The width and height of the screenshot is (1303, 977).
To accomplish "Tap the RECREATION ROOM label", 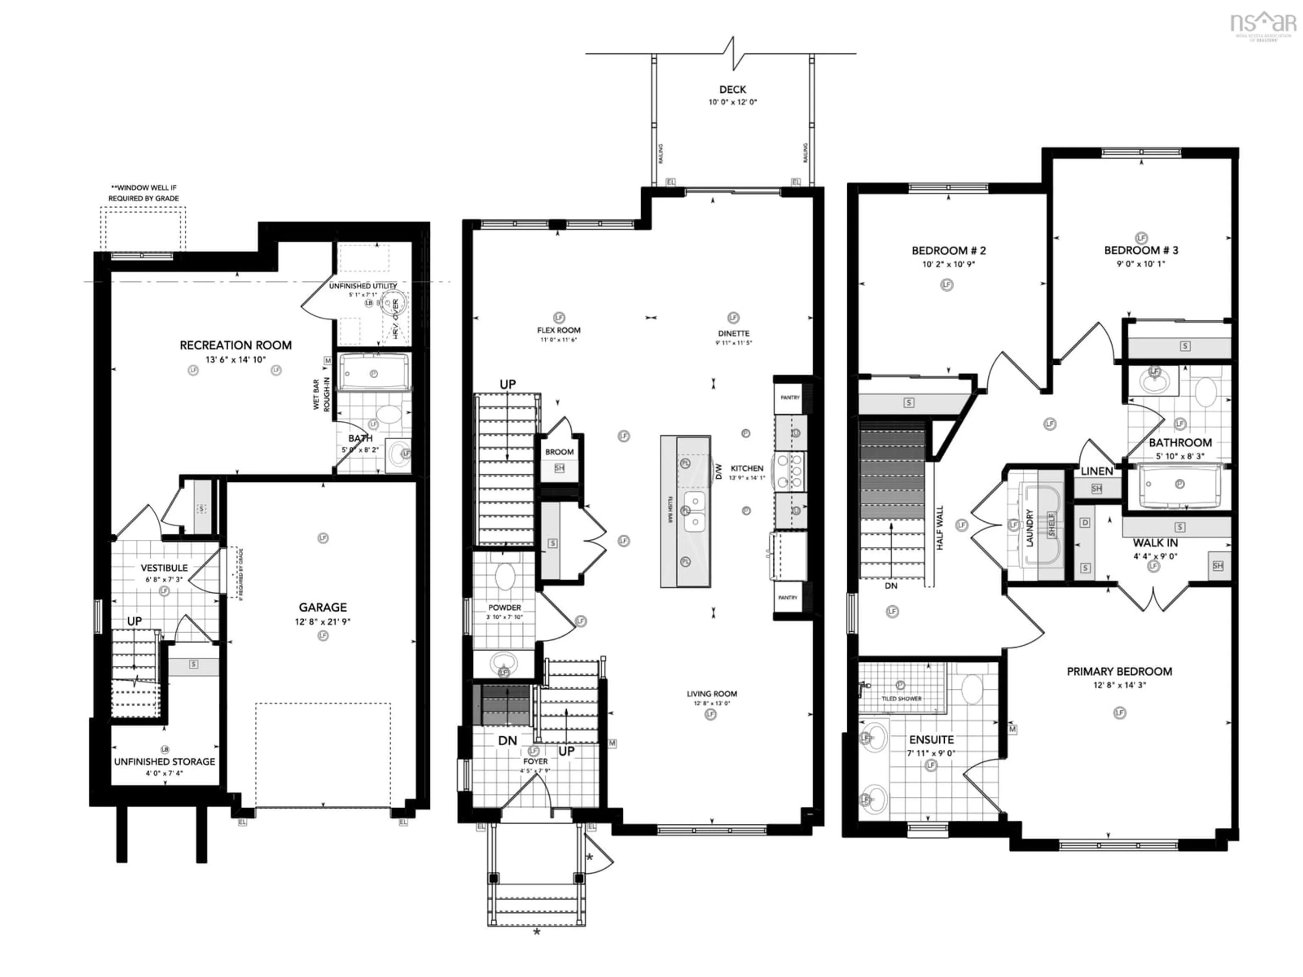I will (x=235, y=345).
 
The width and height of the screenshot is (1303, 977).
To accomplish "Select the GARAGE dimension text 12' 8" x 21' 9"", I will (x=322, y=621).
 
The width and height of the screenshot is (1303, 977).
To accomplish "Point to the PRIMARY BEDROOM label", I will (x=1119, y=671).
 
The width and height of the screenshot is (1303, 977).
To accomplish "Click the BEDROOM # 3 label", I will (x=1141, y=250).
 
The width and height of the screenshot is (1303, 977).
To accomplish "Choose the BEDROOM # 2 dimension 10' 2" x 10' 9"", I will (x=948, y=264).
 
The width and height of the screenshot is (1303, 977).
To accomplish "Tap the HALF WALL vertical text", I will (x=940, y=528).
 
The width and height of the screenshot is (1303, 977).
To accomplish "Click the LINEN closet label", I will (x=1096, y=471).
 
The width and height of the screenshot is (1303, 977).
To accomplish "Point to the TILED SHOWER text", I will (x=901, y=698).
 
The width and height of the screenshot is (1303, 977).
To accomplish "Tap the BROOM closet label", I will (x=559, y=452).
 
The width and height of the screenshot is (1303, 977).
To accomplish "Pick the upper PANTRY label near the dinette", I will (x=790, y=398).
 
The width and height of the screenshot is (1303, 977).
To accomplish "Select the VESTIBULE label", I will (x=164, y=568).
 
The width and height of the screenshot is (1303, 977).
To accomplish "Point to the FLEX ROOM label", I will (x=559, y=330).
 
